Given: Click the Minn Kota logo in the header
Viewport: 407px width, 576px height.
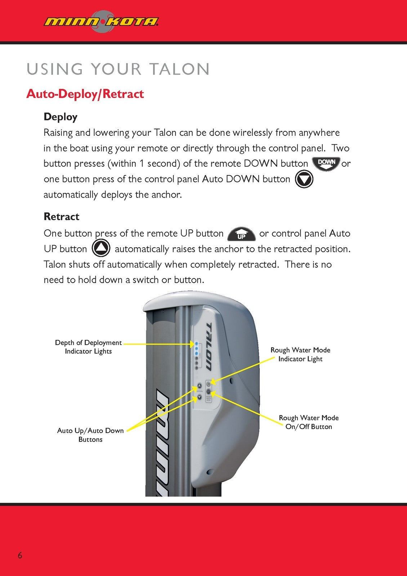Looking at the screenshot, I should (x=101, y=22).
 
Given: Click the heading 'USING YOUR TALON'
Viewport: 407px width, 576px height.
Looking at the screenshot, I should (x=118, y=69).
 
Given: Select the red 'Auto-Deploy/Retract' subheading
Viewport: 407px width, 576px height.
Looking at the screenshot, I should (x=85, y=94).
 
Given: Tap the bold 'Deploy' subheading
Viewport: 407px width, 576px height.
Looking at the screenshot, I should (x=61, y=117).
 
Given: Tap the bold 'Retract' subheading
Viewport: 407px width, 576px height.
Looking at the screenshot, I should (x=61, y=217).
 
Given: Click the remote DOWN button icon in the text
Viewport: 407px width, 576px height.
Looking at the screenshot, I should (x=326, y=163).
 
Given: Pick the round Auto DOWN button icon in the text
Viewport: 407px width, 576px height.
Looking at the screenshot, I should (x=304, y=179).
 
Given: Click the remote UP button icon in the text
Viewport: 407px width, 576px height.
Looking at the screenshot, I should (x=241, y=234).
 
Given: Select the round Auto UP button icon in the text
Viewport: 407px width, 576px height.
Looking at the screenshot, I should (x=101, y=248).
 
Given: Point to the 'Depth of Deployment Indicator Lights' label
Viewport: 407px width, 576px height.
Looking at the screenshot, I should (x=88, y=347).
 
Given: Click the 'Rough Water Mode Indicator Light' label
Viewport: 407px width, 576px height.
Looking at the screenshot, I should (x=300, y=354).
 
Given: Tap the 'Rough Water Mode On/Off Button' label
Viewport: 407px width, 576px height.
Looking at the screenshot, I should (x=309, y=422).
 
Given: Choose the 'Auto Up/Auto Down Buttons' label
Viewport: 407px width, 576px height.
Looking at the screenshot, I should (x=90, y=435).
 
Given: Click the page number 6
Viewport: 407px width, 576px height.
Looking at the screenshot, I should (x=20, y=555).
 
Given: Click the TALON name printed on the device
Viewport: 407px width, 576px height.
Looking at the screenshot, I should (x=209, y=346).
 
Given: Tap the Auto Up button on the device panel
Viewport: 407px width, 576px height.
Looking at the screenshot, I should (x=199, y=385).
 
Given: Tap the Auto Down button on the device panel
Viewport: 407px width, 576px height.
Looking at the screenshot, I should (x=199, y=397).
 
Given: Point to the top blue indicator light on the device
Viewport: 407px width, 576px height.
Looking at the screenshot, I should (x=196, y=344).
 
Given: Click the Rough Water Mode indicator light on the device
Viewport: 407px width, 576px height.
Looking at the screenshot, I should (x=209, y=384).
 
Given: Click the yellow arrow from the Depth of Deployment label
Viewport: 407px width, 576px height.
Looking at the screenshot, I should (x=158, y=344).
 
